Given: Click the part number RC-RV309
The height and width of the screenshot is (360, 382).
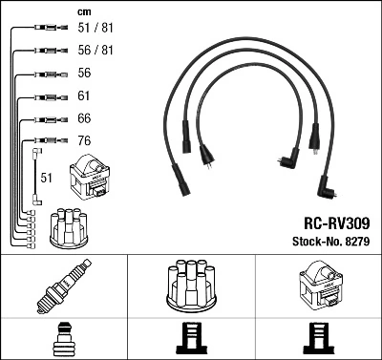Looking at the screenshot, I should pos(333,221).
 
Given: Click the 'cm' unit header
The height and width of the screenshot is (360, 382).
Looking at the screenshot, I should pos(83,11).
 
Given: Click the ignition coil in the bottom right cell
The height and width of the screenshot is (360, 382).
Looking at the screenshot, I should pos(319,287).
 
